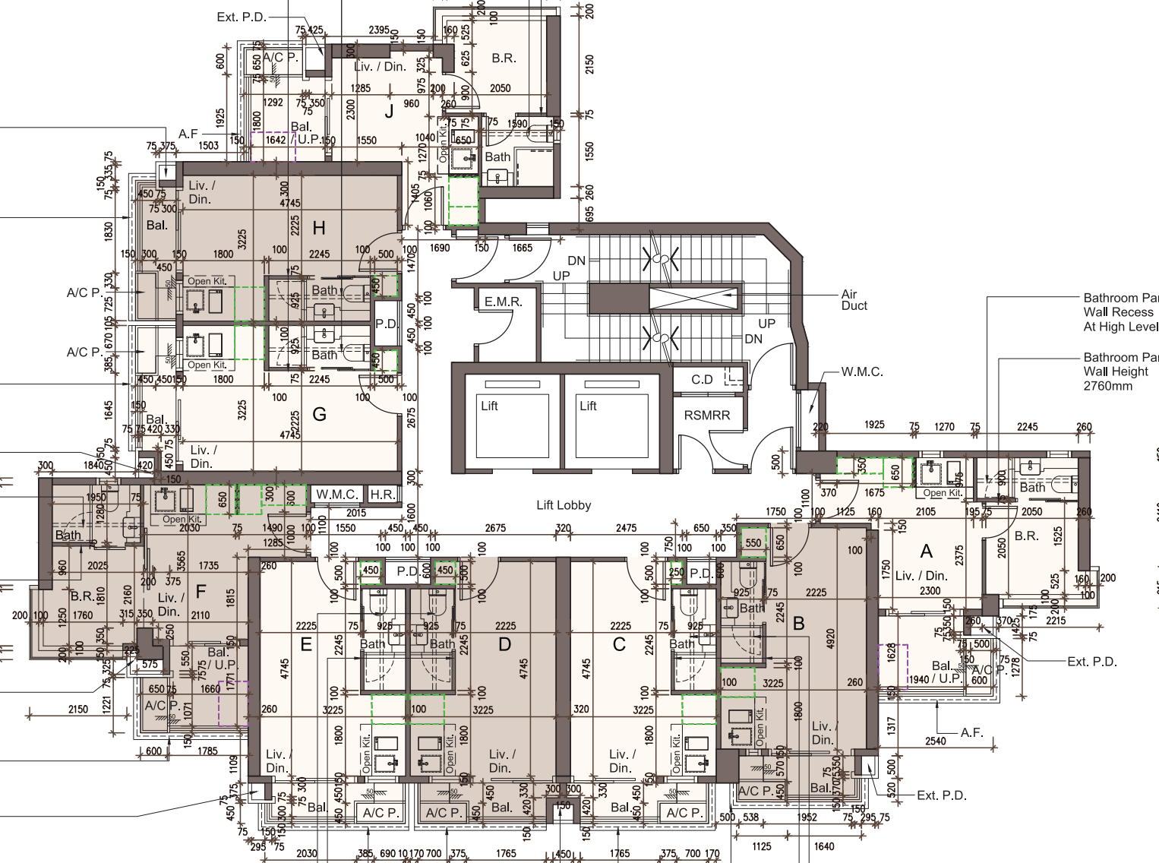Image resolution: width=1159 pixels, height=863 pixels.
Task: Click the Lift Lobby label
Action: coord(563,505)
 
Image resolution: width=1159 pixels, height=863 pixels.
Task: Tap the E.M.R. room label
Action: coord(503,302)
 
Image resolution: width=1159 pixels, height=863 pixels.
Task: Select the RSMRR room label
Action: coord(706,416)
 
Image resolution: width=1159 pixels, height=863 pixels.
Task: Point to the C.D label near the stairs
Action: coord(702,379)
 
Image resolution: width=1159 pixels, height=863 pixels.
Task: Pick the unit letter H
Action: coord(319,228)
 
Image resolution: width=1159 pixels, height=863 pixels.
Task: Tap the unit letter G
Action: coord(320,415)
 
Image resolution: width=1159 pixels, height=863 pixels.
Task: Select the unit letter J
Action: coord(390,112)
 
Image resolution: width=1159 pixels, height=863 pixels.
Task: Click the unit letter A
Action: coord(926,551)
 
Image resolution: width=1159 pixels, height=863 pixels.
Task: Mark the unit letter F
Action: coord(201,591)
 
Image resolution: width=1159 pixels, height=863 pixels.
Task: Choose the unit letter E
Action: coord(306,645)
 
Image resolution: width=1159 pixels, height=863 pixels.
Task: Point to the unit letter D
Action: coord(504,645)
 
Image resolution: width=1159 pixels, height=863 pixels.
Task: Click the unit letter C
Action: coord(619,645)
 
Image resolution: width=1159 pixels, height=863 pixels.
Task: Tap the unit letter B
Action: coord(798,624)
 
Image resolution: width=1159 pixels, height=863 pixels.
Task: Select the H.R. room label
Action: coord(382,495)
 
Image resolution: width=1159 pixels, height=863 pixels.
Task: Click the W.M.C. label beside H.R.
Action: coord(336,495)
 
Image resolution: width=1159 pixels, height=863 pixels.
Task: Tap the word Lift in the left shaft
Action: coord(489,406)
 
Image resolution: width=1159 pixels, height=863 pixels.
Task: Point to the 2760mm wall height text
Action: coord(1107,386)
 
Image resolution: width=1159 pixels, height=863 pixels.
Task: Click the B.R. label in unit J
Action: coord(504,58)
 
